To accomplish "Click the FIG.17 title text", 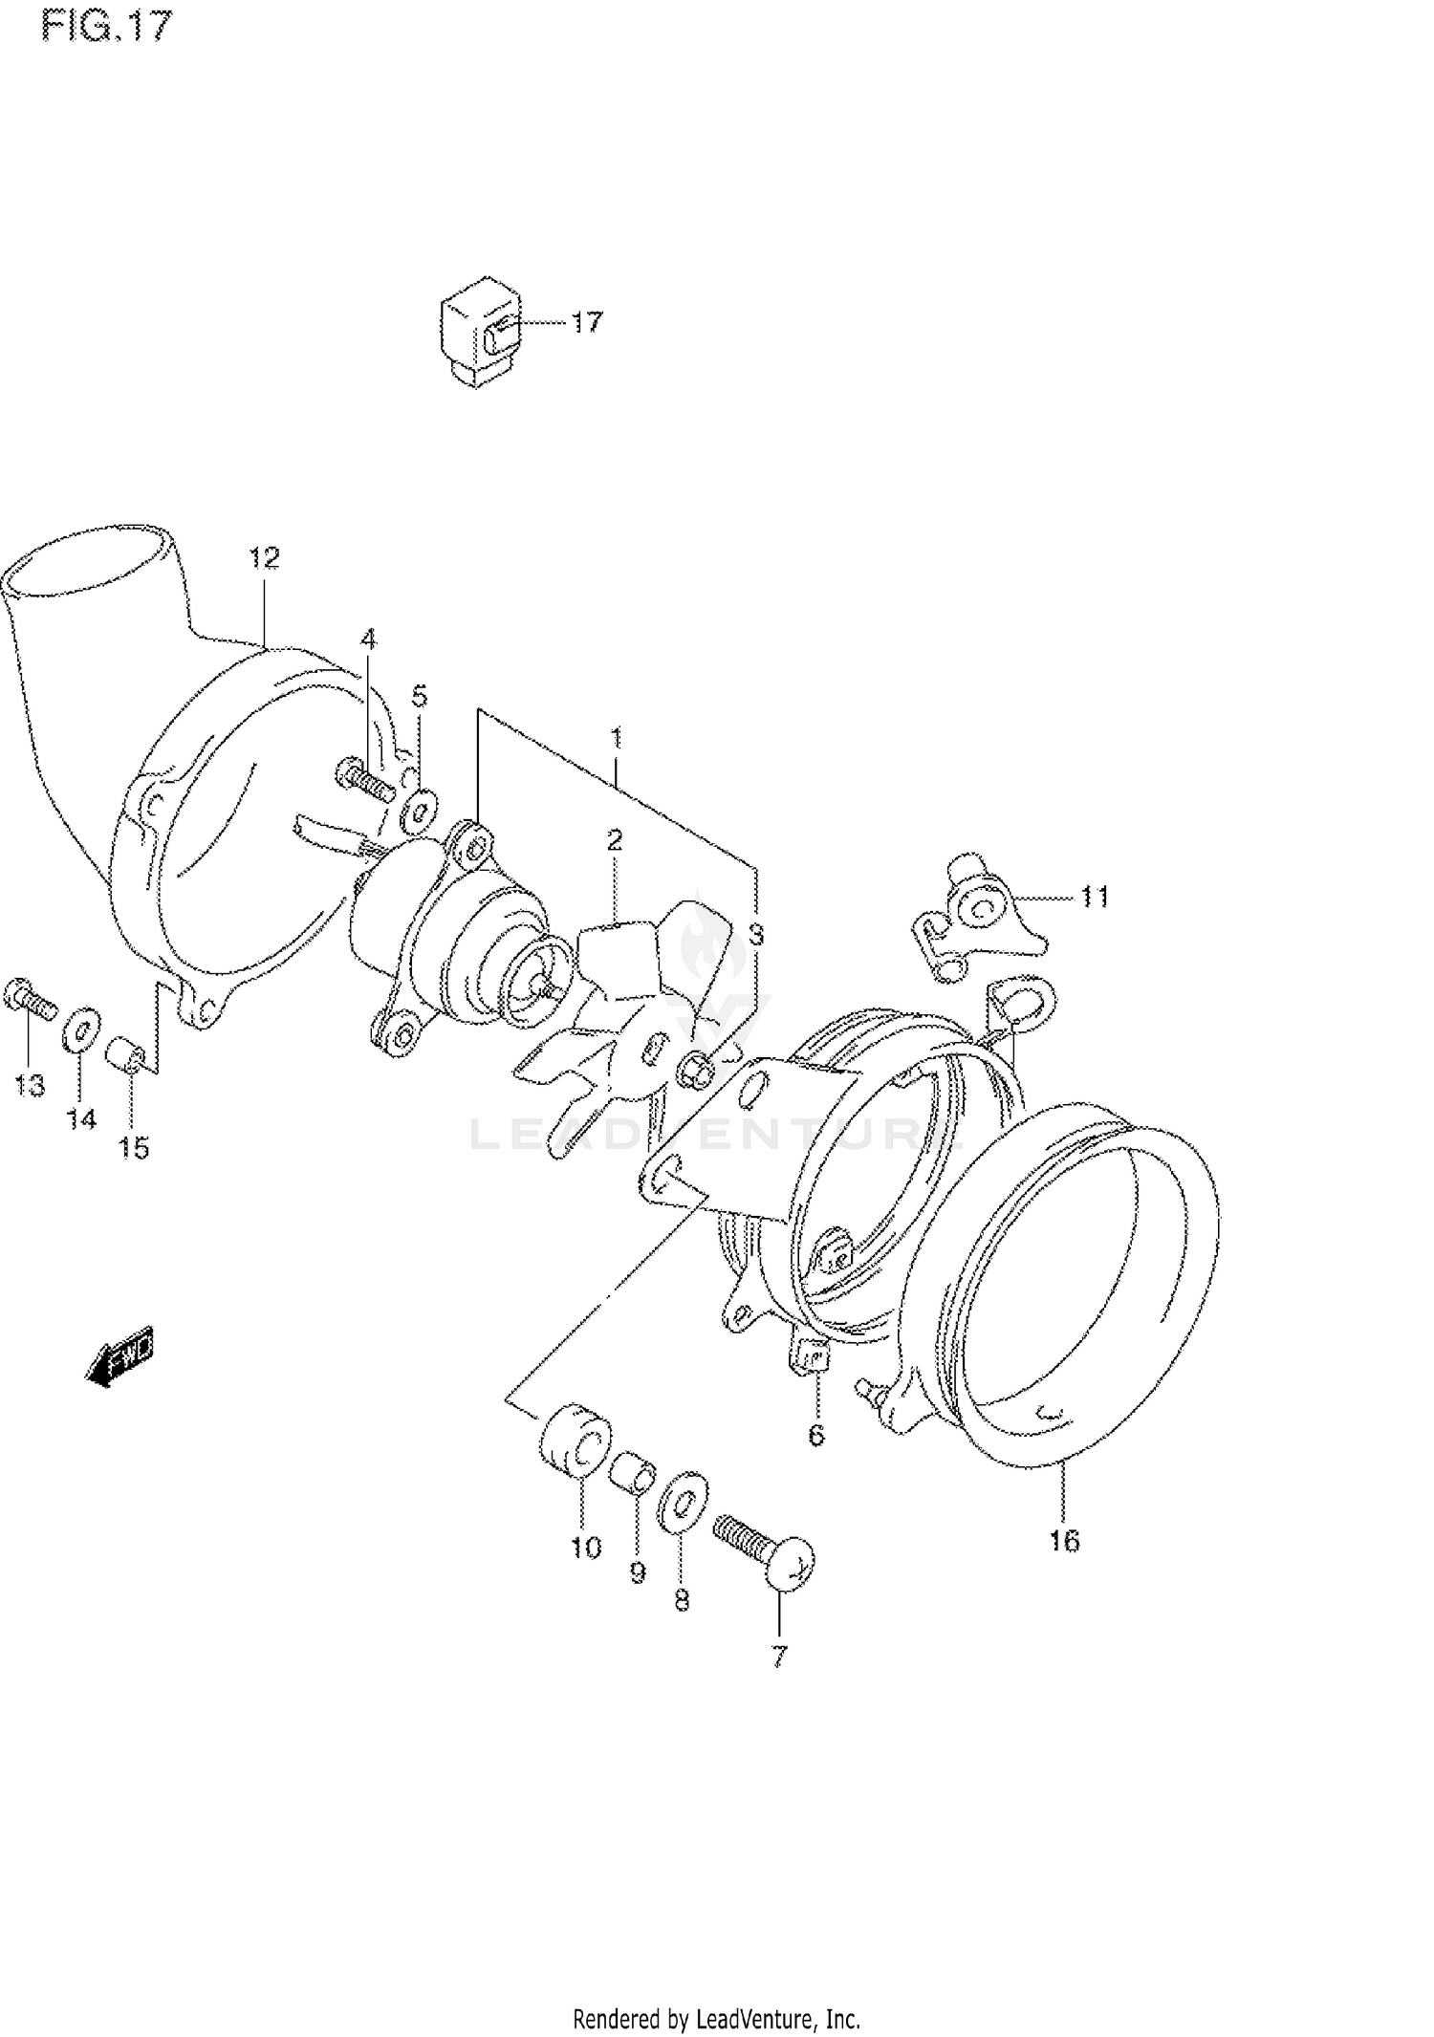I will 106,26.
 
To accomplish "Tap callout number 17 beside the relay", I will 587,322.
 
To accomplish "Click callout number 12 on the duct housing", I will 264,557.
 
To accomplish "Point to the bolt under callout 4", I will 365,778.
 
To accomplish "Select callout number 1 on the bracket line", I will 617,737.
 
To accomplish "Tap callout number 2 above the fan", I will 614,840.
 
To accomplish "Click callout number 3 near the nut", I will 756,934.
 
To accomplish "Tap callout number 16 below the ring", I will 1063,1540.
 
